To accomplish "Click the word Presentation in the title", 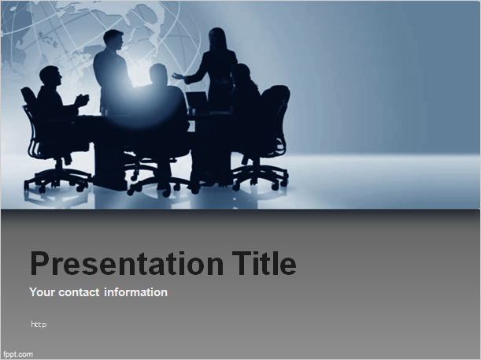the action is (128, 264).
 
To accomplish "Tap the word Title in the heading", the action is (265, 263).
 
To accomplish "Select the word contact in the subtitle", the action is (79, 292).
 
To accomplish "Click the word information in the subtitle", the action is (136, 292).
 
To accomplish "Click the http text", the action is (39, 324).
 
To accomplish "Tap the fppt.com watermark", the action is (18, 354).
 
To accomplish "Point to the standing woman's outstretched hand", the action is (178, 76).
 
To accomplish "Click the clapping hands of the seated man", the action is (82, 100).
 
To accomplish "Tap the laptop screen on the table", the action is (197, 99).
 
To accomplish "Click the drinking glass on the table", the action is (104, 111).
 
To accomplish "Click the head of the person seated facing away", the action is (158, 74).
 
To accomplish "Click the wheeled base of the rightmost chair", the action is (261, 177).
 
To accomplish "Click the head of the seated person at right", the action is (241, 73).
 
